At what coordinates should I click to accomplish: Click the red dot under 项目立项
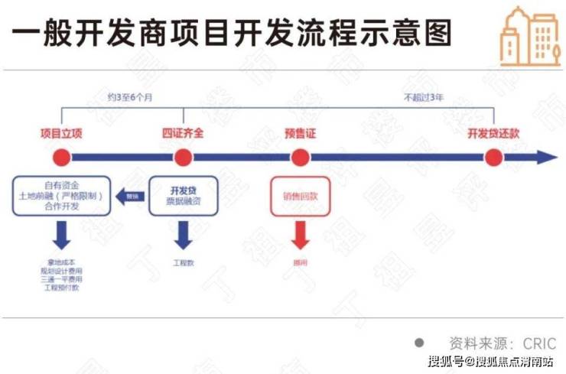61,158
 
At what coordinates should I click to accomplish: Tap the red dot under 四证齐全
183,158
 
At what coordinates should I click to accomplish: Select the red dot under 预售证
300,158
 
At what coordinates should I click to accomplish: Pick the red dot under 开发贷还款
493,158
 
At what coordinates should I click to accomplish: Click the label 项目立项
61,132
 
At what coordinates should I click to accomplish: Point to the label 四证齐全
183,132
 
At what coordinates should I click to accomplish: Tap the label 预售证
300,132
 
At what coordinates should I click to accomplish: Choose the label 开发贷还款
493,132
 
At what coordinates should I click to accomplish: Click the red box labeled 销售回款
300,196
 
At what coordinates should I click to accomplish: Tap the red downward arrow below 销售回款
300,236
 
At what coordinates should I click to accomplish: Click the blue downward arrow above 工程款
183,236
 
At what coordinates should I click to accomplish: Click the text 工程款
183,262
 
